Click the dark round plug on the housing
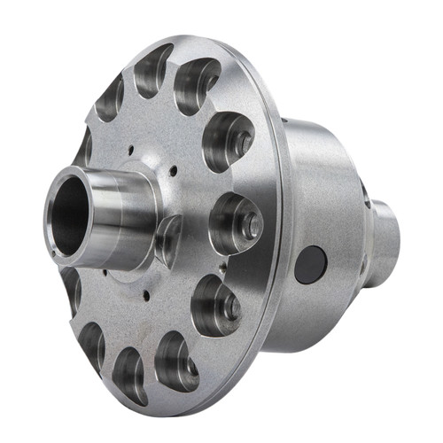[x=311, y=264]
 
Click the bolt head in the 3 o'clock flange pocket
[x=252, y=225]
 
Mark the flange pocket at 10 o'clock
[x=85, y=146]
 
